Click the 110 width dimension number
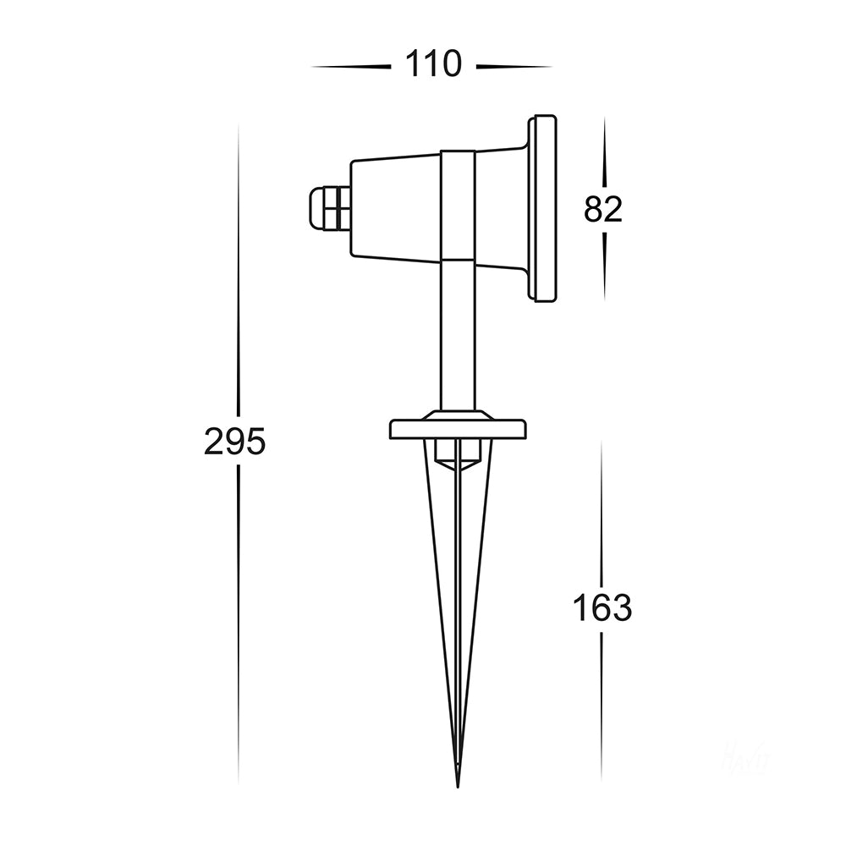pos(433,64)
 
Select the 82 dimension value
pos(603,209)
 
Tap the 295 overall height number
pos(234,442)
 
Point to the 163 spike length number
pos(602,607)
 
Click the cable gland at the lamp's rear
pos(327,208)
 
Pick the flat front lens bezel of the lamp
pos(541,208)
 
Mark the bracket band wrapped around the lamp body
pos(458,203)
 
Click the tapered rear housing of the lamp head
pos(393,208)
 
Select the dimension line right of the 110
pos(514,66)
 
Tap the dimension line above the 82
pos(604,152)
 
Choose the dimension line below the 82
pos(604,266)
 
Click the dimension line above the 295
pos(238,271)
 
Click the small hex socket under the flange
pos(456,453)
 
